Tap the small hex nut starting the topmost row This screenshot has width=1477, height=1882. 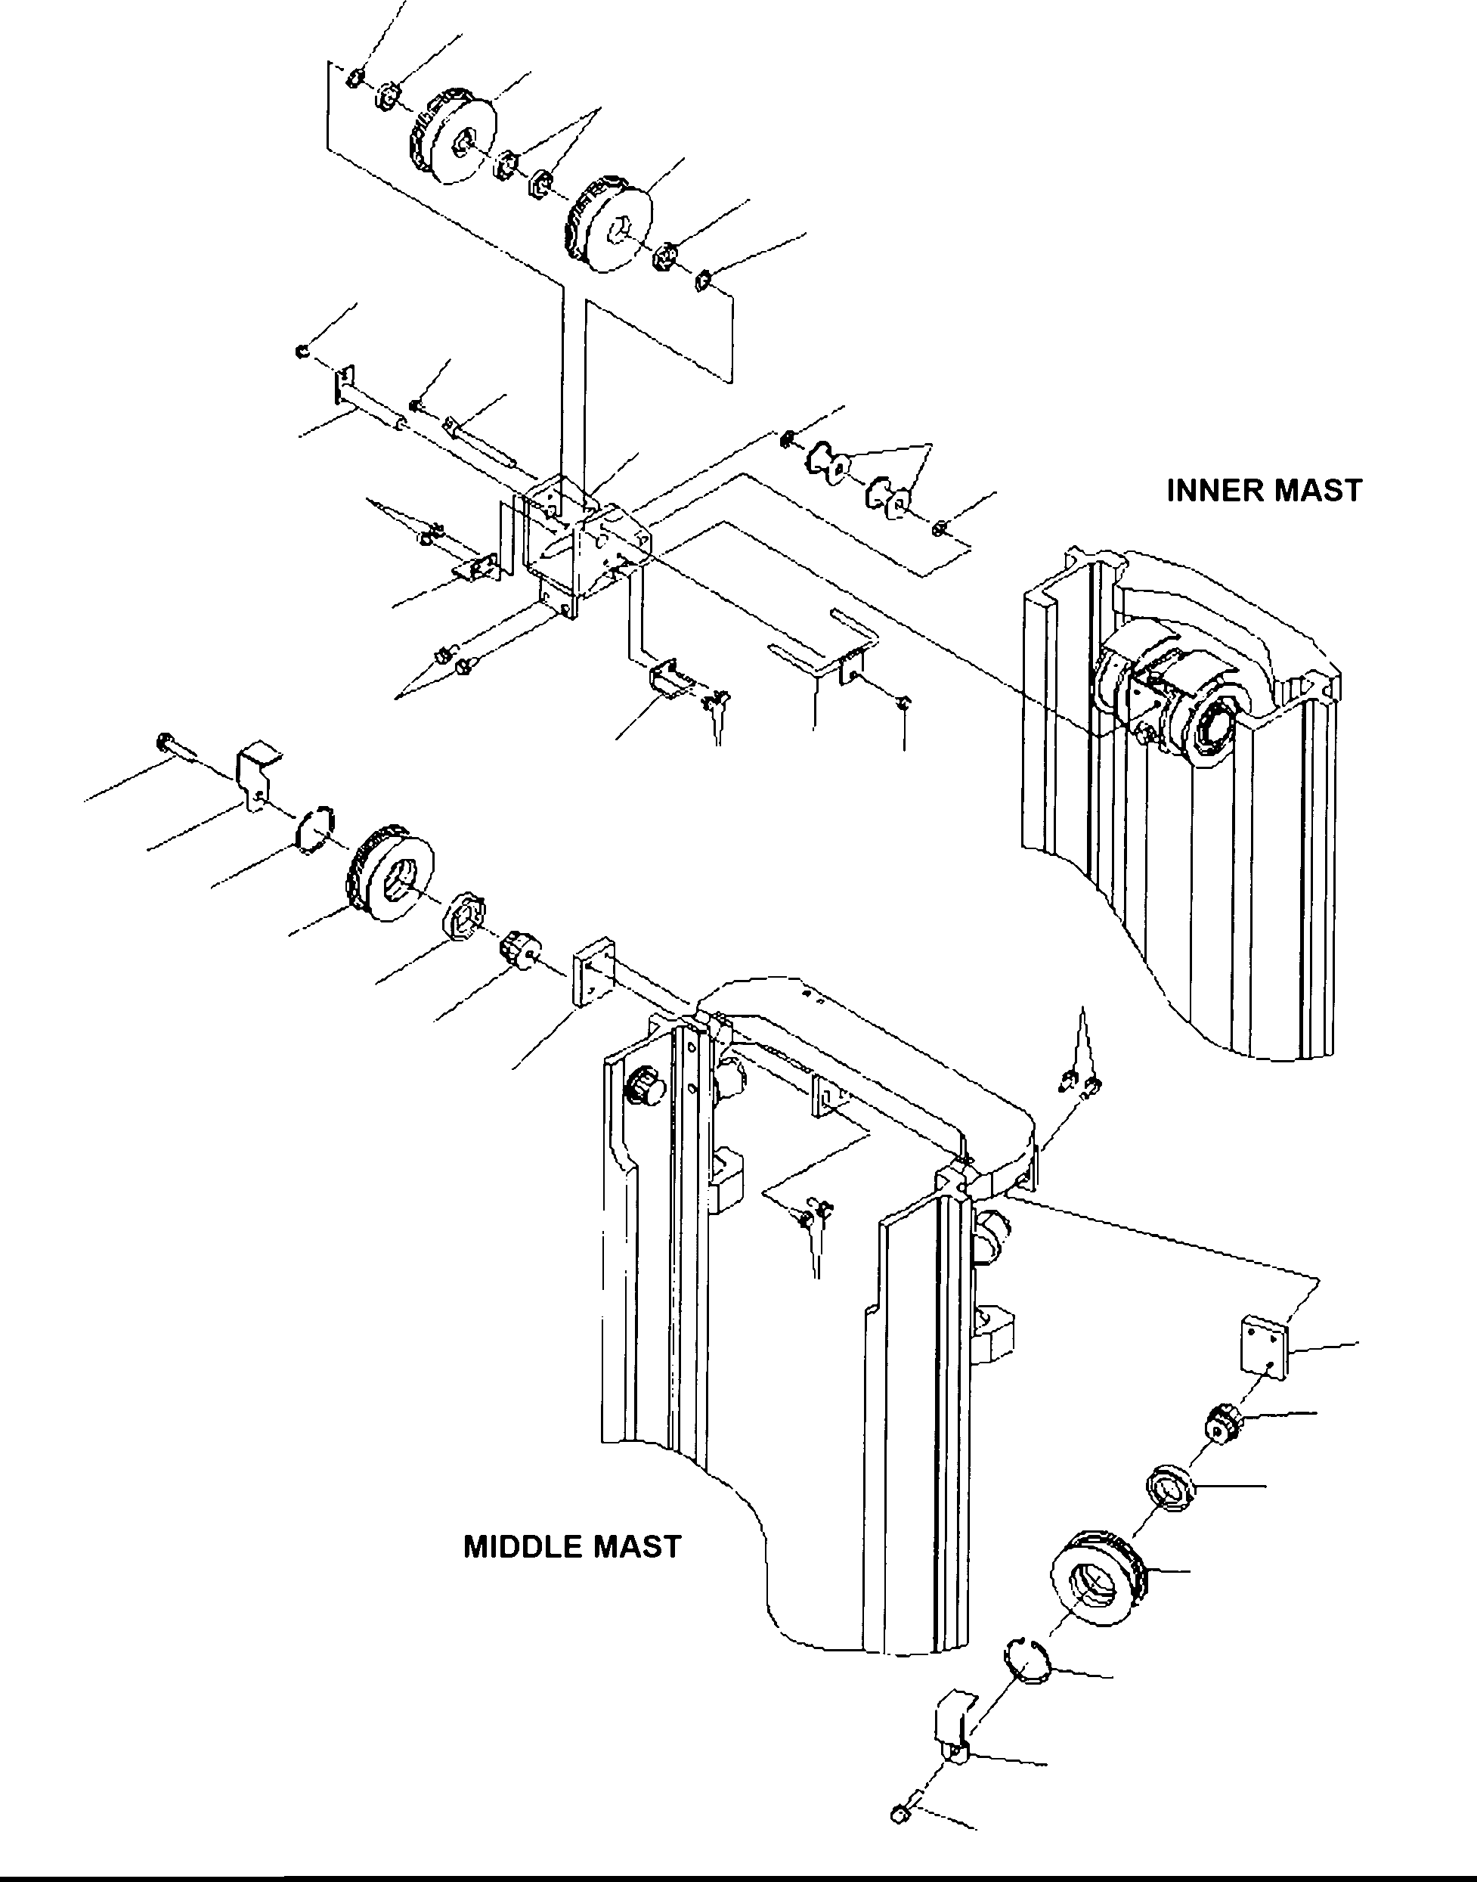pyautogui.click(x=353, y=79)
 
